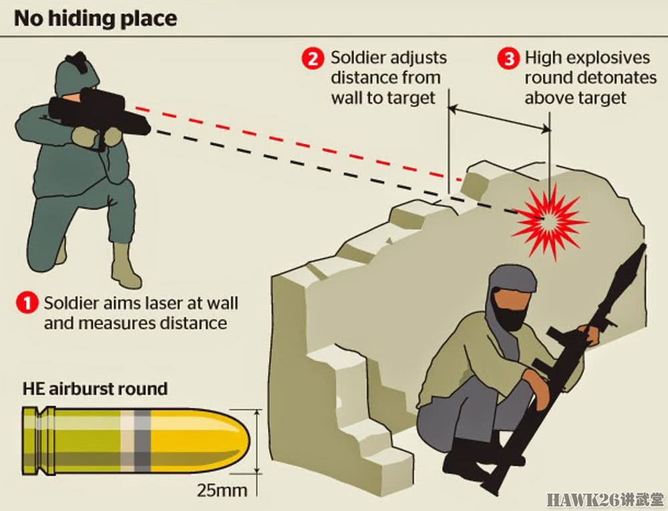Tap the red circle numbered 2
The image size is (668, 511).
click(x=313, y=58)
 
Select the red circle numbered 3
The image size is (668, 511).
click(x=508, y=58)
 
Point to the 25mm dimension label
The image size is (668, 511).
click(x=222, y=490)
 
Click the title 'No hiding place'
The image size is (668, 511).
click(x=96, y=19)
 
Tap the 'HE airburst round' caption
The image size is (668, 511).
click(x=95, y=389)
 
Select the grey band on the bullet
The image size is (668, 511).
click(x=143, y=441)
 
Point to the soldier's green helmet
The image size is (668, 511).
click(x=77, y=75)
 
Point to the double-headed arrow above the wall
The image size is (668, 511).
click(x=499, y=118)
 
